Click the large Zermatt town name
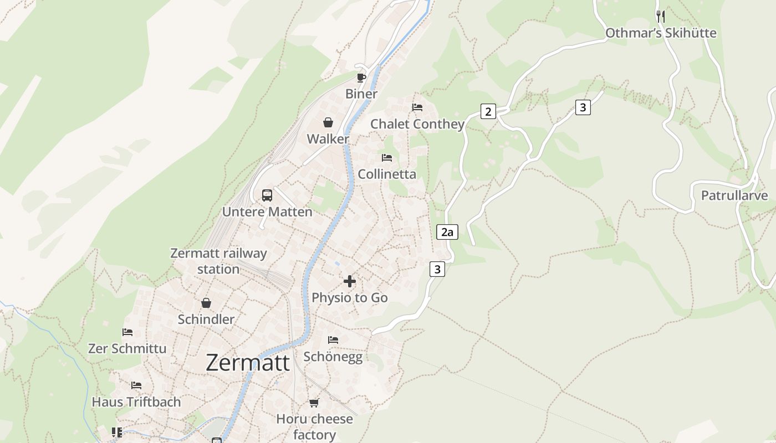click(x=248, y=363)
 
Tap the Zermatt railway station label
click(x=218, y=261)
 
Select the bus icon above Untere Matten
click(x=267, y=195)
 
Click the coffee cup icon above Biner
click(x=361, y=78)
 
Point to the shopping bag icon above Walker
click(x=328, y=122)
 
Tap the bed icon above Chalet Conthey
click(x=417, y=107)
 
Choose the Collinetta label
click(x=387, y=174)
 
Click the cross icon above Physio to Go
click(x=350, y=281)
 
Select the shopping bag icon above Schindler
click(x=206, y=303)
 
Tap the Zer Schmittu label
click(x=127, y=348)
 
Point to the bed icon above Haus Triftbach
click(x=136, y=385)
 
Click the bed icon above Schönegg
click(x=333, y=340)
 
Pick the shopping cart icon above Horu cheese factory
click(x=314, y=403)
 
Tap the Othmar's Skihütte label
click(x=661, y=33)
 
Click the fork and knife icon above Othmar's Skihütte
click(x=660, y=16)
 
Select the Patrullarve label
click(x=734, y=195)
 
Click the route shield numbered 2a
click(x=447, y=232)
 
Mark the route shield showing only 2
click(x=488, y=111)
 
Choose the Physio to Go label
click(x=350, y=297)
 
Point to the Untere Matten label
click(x=267, y=212)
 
